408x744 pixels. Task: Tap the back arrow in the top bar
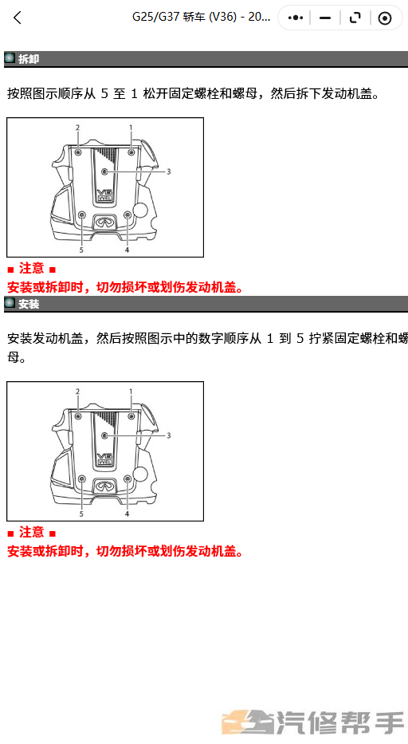[18, 18]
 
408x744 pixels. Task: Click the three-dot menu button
[295, 18]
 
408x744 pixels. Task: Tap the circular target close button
[385, 18]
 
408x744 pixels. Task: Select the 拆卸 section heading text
[29, 59]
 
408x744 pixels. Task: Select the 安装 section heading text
[29, 304]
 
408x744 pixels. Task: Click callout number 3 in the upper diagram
[168, 171]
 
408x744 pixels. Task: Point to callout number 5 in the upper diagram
[81, 250]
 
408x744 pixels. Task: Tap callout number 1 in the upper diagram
[131, 127]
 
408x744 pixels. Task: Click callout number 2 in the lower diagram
[78, 391]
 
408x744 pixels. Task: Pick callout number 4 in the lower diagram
[127, 514]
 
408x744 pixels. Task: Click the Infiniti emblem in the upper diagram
[104, 222]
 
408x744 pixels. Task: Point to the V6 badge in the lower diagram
[104, 459]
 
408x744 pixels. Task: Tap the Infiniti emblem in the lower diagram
[104, 486]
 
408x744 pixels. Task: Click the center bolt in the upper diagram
[105, 171]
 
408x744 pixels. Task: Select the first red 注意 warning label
[32, 269]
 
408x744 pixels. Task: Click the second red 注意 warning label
[32, 533]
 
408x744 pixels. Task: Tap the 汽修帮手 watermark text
[340, 723]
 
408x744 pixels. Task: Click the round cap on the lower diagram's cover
[140, 474]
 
